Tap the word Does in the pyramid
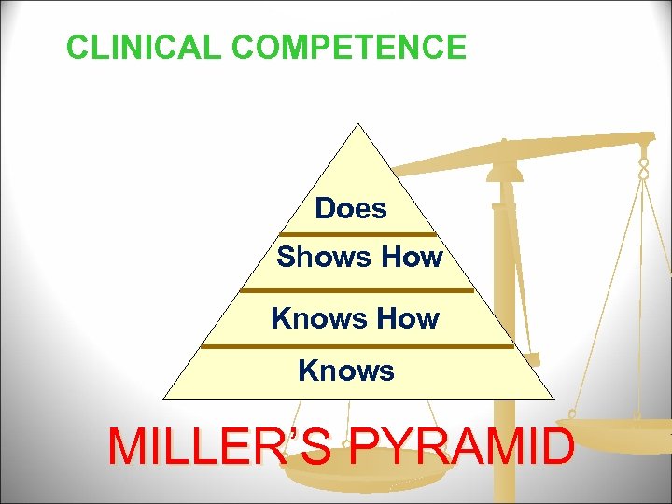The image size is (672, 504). (x=351, y=208)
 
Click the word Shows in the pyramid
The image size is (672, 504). (x=318, y=257)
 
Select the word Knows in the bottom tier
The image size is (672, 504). (x=346, y=371)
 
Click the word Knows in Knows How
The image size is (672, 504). (x=313, y=318)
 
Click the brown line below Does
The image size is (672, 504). (x=357, y=234)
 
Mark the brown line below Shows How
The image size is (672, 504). (x=357, y=290)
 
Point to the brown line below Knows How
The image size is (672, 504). (x=357, y=346)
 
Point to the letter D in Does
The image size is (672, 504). (x=324, y=208)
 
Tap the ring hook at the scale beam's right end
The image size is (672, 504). (x=644, y=168)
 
